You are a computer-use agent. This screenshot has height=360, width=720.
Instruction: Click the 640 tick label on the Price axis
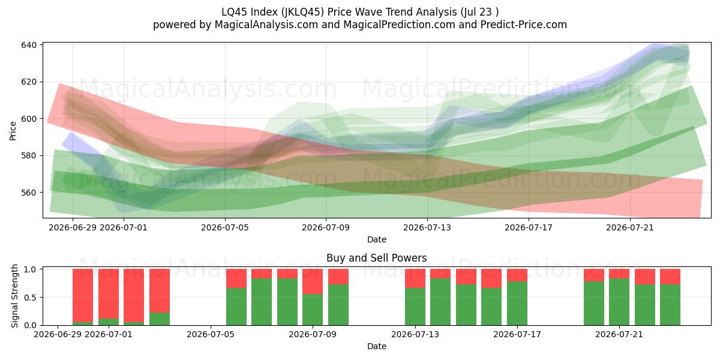click(29, 45)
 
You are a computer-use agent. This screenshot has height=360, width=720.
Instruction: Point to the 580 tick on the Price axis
click(29, 155)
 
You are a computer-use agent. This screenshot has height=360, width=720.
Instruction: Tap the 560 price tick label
click(29, 193)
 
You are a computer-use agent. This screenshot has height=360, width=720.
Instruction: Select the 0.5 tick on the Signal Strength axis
click(31, 298)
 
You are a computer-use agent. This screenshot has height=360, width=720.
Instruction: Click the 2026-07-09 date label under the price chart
click(326, 227)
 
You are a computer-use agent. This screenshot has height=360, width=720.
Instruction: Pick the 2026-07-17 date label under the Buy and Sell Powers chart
click(517, 335)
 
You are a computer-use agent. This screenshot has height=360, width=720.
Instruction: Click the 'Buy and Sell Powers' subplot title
click(377, 258)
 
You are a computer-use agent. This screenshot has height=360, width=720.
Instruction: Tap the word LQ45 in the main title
click(233, 12)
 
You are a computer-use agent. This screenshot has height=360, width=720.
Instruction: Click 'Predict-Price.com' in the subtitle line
click(524, 25)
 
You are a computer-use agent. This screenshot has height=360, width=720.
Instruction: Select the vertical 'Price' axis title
click(13, 131)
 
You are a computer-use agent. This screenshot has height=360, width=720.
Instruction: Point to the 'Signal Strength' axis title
click(14, 296)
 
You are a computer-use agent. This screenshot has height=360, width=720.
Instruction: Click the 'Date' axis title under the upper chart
click(377, 239)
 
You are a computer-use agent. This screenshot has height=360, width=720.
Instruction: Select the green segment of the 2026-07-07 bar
click(262, 302)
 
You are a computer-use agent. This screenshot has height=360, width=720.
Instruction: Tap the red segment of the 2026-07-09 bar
click(313, 281)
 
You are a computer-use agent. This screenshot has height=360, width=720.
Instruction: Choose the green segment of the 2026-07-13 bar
click(415, 307)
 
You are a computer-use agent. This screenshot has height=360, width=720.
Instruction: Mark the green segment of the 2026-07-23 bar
click(670, 305)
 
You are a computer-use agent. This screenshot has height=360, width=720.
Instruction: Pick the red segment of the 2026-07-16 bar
click(491, 278)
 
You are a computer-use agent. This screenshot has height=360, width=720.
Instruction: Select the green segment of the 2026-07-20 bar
click(594, 304)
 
